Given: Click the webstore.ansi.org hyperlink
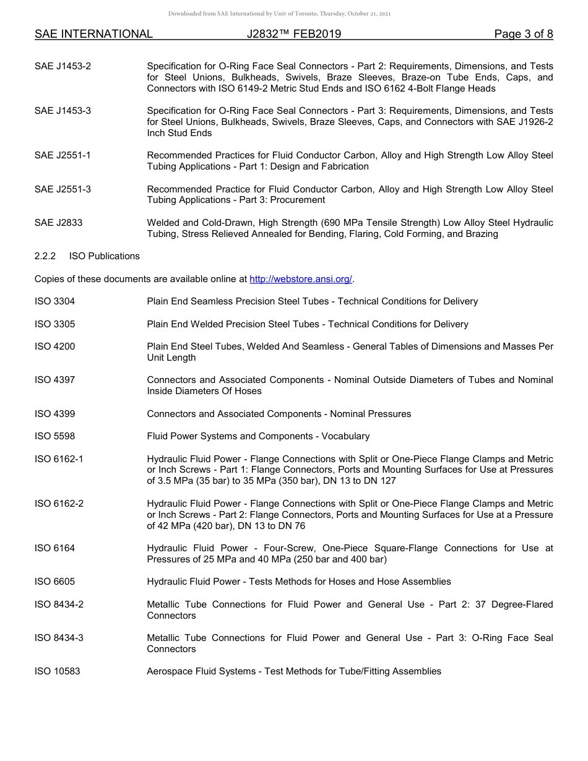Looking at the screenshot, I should [x=301, y=279].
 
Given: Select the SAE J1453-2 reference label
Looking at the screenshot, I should [x=63, y=66].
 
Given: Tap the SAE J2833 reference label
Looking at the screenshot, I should [x=58, y=223].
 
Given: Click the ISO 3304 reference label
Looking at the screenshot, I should [x=54, y=301].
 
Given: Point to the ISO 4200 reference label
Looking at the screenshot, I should [x=54, y=346].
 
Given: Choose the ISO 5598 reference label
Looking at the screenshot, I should [x=54, y=436].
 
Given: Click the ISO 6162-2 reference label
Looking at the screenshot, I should [x=59, y=504].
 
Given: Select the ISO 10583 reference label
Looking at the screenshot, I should [x=57, y=671].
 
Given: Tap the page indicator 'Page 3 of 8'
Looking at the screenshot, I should [x=524, y=34].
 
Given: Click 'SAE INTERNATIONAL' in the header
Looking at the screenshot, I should [x=93, y=34].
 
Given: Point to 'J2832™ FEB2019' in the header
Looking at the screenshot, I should [x=293, y=34].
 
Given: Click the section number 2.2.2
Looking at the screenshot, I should [x=45, y=256].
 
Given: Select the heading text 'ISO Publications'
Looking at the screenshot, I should [x=105, y=256].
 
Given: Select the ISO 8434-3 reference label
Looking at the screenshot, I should [x=59, y=638].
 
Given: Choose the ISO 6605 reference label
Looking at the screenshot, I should [x=54, y=582].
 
